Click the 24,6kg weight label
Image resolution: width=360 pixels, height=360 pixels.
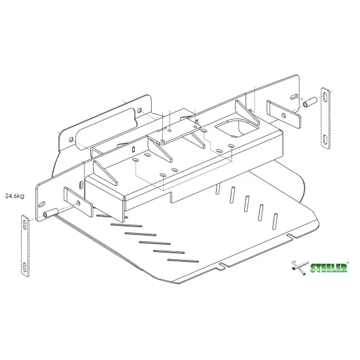click(14, 195)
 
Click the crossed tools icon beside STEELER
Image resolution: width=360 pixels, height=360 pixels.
click(297, 267)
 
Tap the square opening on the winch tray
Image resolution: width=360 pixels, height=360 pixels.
click(231, 129)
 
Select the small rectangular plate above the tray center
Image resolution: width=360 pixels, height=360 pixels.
click(176, 131)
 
